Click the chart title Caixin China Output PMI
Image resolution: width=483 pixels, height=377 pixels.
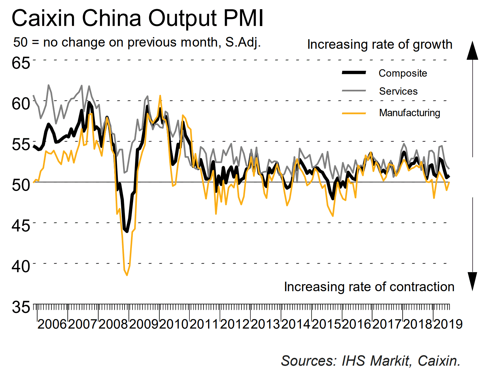click(x=137, y=18)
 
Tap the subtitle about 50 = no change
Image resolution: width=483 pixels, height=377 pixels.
click(x=137, y=42)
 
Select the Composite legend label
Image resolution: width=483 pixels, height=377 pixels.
click(x=402, y=73)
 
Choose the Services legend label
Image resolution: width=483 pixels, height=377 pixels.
click(x=398, y=91)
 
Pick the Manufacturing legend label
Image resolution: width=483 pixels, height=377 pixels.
click(x=410, y=113)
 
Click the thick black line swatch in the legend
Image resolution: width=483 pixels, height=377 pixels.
click(x=354, y=73)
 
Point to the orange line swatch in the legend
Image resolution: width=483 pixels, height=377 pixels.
click(x=354, y=113)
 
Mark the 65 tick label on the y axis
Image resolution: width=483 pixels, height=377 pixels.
click(x=21, y=63)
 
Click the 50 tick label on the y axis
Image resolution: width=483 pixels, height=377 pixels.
click(x=21, y=185)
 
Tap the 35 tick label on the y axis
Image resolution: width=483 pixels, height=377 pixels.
click(x=21, y=307)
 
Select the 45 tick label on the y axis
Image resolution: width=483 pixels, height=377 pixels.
click(x=21, y=226)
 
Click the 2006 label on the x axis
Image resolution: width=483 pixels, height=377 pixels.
click(x=52, y=324)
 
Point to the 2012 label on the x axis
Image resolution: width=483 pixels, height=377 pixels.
click(x=235, y=324)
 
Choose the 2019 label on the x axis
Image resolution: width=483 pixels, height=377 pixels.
click(x=448, y=324)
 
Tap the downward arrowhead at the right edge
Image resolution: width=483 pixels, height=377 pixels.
click(x=472, y=281)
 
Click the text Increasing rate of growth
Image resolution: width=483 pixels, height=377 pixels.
click(x=380, y=44)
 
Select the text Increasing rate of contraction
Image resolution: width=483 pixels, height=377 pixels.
click(x=369, y=287)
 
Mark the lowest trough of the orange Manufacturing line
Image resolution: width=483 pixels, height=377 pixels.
click(x=127, y=275)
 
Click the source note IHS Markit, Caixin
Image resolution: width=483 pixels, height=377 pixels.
click(x=371, y=361)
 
